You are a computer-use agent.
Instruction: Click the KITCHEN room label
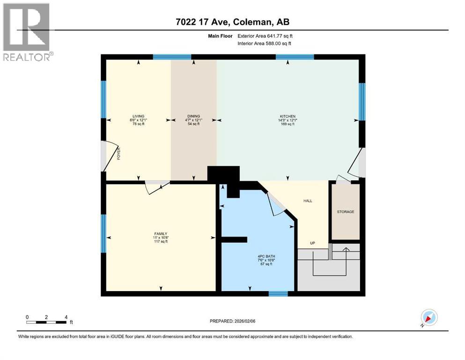click(288, 116)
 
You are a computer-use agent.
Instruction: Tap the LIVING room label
click(138, 116)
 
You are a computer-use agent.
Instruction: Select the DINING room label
click(194, 116)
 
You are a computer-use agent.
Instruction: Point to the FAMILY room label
click(161, 233)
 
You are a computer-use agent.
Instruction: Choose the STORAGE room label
click(346, 212)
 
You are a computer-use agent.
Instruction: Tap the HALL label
click(307, 201)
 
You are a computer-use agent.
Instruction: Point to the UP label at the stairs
click(312, 243)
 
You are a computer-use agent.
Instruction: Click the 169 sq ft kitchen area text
click(288, 124)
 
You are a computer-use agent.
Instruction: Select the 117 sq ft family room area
click(161, 241)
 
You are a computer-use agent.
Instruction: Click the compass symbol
click(428, 317)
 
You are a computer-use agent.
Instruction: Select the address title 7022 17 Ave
click(233, 22)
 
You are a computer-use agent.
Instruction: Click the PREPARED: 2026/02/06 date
click(233, 321)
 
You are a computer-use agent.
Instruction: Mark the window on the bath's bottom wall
click(278, 294)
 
